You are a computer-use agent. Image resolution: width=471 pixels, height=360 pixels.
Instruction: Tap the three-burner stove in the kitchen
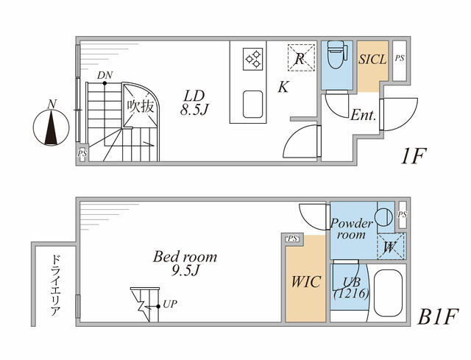coord(253,59)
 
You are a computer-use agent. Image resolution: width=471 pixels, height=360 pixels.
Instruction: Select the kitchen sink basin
coord(252,104)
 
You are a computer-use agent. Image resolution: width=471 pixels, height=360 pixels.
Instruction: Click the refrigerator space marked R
coord(301,57)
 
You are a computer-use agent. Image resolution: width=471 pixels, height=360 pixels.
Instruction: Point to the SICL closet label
coord(372,59)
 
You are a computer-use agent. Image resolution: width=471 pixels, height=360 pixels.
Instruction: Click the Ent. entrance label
coord(364,115)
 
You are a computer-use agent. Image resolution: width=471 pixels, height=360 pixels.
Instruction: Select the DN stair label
coord(105,75)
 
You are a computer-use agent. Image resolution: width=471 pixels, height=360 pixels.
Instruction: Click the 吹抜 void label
coord(141,106)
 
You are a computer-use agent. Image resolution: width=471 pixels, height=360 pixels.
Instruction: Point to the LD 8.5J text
coord(194,103)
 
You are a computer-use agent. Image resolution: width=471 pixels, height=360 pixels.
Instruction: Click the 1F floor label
coord(414,156)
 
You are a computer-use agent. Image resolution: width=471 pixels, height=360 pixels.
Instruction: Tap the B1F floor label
coord(438,317)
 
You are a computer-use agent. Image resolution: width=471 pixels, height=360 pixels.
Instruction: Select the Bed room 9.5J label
coord(185,264)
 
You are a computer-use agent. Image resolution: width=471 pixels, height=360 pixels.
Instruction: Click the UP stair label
coord(170,304)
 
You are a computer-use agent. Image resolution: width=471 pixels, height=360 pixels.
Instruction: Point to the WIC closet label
coord(305,282)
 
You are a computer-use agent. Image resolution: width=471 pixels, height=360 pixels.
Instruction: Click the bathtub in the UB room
coord(388,293)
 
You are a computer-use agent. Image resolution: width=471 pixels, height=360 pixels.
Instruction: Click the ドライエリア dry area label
coord(56,286)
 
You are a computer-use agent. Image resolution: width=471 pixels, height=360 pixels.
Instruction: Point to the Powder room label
coord(351,229)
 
